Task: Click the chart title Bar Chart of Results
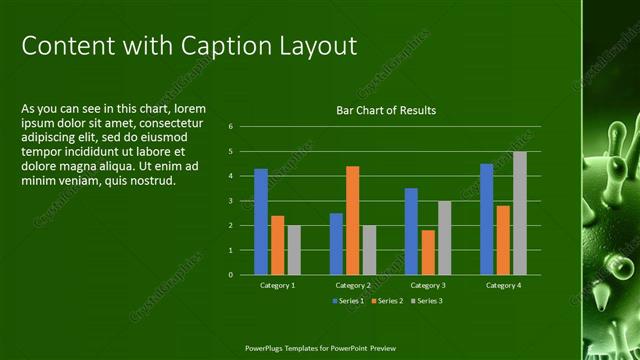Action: tap(385, 110)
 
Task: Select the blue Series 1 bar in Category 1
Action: tap(261, 221)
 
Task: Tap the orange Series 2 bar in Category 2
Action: tap(352, 220)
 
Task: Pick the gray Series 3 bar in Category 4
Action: tap(520, 213)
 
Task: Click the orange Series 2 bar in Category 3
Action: tap(428, 252)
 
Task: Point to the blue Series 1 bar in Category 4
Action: tap(486, 219)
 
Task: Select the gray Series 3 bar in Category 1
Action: tap(294, 250)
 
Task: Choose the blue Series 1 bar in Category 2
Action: tap(336, 243)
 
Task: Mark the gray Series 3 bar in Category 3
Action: tap(445, 238)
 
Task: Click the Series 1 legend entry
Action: tap(348, 300)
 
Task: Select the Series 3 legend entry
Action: tap(427, 300)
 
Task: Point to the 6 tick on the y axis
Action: tap(230, 127)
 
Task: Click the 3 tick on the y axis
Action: tap(230, 201)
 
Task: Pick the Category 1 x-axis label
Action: tap(277, 286)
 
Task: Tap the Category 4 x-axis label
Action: tap(503, 286)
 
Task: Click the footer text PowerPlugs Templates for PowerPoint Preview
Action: tap(320, 349)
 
